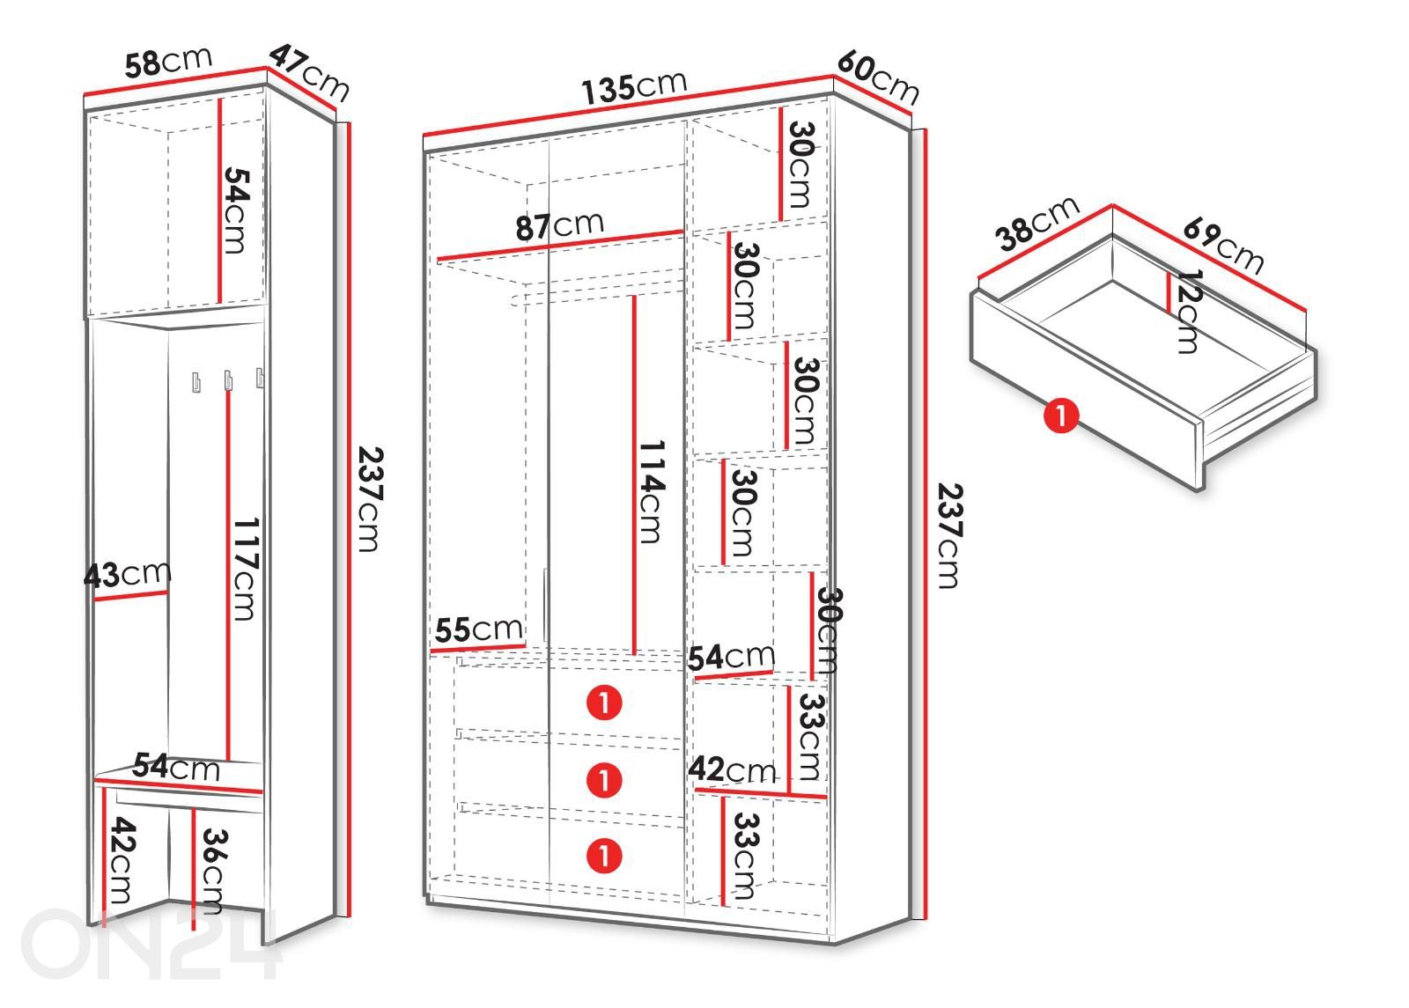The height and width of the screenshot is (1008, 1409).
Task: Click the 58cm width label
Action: (x=168, y=63)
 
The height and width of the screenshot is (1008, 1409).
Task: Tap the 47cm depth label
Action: (x=309, y=73)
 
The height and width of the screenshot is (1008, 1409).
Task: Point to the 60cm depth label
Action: (x=878, y=78)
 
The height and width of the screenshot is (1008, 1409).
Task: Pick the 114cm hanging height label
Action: (x=652, y=492)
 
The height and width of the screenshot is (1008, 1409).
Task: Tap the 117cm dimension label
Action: (x=246, y=569)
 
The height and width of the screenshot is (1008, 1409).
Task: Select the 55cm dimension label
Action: (x=479, y=629)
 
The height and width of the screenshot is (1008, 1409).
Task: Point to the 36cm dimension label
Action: (x=214, y=872)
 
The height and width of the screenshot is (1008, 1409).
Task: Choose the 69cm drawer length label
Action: (x=1223, y=246)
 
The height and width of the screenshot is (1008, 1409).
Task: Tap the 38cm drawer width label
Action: (x=1037, y=224)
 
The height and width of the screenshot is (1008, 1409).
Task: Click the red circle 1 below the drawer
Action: (x=1061, y=416)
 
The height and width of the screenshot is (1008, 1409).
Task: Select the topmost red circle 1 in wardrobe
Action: (x=604, y=703)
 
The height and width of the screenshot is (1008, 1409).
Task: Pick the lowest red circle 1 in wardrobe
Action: (x=604, y=856)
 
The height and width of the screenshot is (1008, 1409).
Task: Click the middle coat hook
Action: (x=228, y=381)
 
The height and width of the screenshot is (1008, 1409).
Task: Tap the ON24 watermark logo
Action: (x=150, y=944)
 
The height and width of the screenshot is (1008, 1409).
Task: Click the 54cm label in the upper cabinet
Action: (x=238, y=210)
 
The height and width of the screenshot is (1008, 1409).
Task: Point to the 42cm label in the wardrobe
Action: (x=732, y=769)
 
